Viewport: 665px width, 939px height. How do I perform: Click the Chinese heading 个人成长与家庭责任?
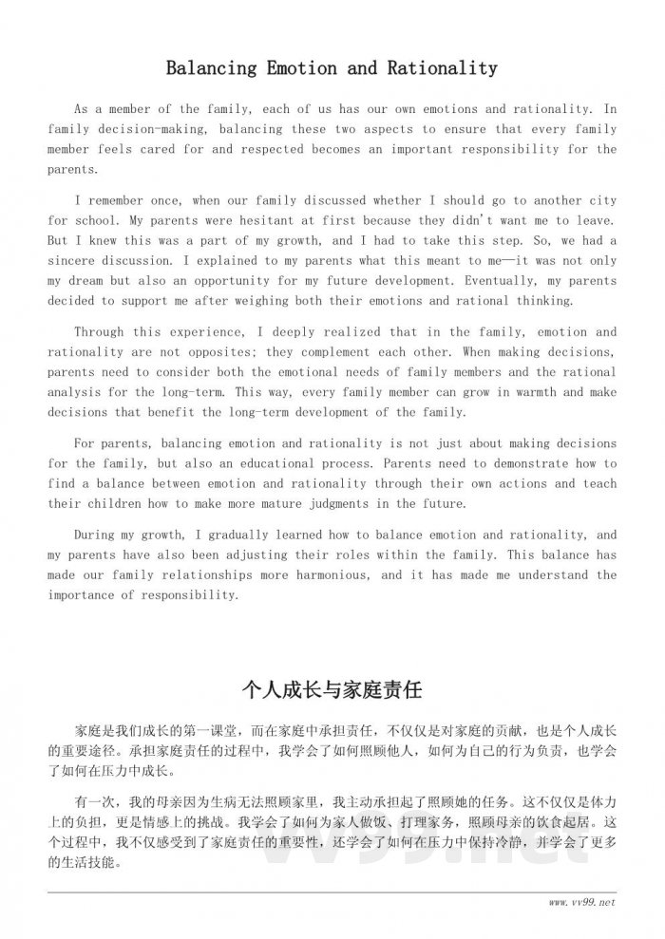tap(332, 688)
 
